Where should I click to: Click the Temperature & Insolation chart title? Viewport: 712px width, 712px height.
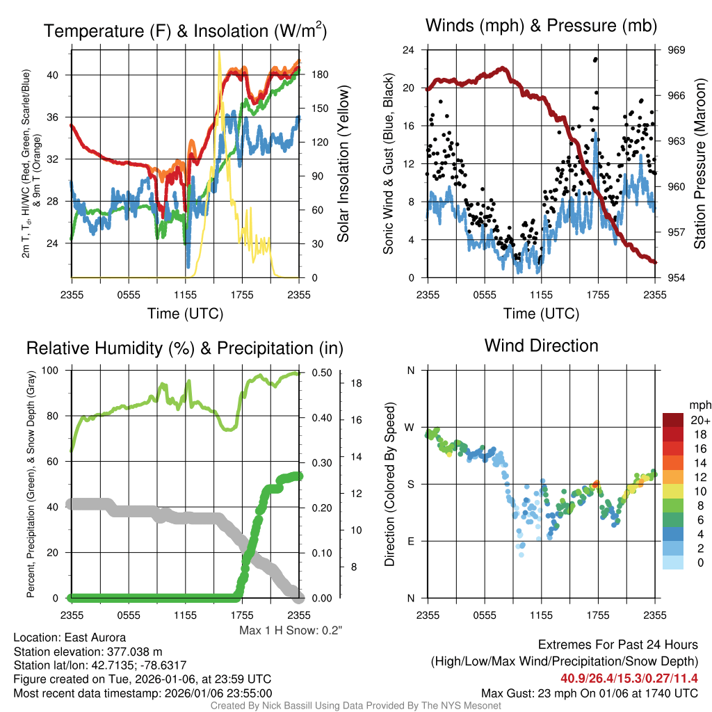click(185, 31)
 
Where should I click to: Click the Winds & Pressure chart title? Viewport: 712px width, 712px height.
click(542, 26)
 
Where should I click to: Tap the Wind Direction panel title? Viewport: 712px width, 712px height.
click(541, 346)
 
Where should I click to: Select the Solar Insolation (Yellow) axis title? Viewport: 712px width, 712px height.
click(343, 164)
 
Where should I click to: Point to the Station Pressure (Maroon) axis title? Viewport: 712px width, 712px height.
click(700, 164)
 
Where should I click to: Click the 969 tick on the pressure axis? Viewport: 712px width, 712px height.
click(677, 50)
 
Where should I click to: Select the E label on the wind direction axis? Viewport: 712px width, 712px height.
click(411, 541)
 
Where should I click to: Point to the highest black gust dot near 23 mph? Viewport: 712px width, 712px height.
click(595, 60)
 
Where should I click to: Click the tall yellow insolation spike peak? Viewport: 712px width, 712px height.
click(219, 52)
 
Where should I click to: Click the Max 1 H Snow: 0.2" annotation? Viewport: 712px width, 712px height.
click(291, 631)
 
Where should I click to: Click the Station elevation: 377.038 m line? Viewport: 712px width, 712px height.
click(88, 652)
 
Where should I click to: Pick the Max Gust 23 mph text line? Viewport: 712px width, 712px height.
click(590, 693)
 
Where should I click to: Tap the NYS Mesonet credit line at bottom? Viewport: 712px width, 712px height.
click(356, 706)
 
